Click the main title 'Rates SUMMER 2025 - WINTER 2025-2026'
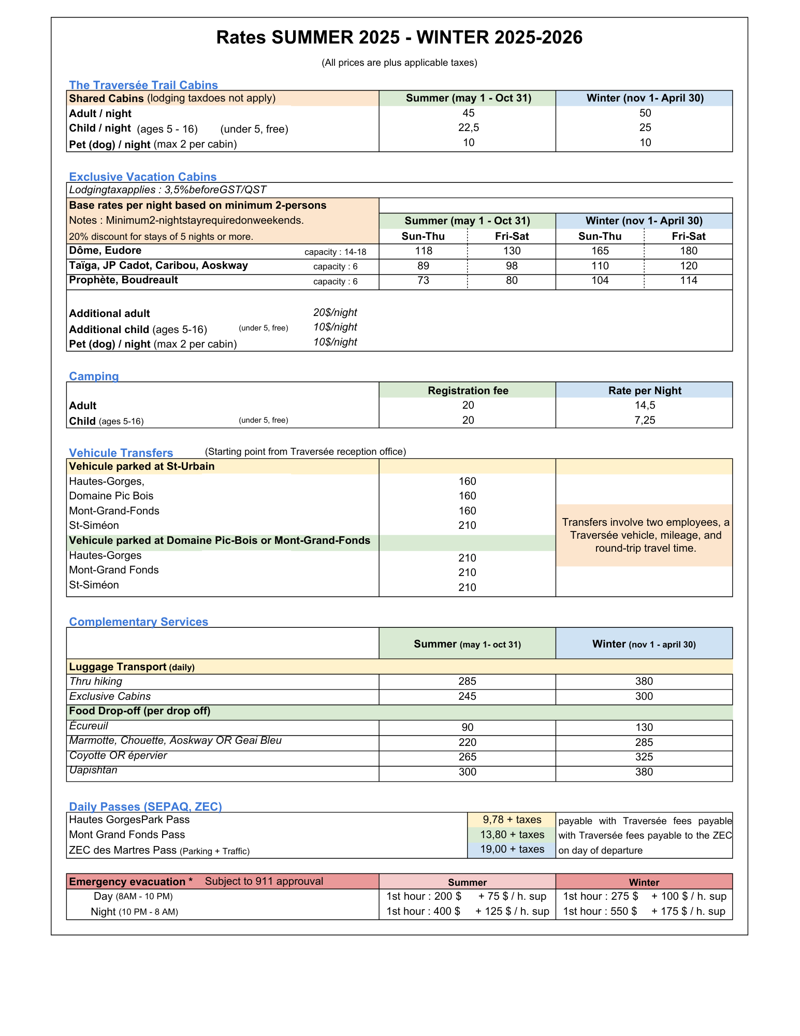(x=399, y=37)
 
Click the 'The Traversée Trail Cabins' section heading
(x=143, y=85)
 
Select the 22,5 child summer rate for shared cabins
(x=468, y=128)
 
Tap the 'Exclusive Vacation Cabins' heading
(x=143, y=177)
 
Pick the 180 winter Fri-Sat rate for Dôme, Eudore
(x=688, y=251)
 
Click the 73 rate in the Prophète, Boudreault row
(x=423, y=281)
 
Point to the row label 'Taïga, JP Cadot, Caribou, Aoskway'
(x=158, y=266)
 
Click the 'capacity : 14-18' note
(x=335, y=252)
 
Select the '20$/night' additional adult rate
(x=335, y=312)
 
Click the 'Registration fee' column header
(x=468, y=391)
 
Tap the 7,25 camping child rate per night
(x=645, y=420)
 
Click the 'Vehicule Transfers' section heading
(x=121, y=453)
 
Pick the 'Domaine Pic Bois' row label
(x=111, y=496)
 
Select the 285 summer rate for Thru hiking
(x=467, y=681)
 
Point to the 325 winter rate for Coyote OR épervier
(x=644, y=757)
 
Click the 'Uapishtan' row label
(x=93, y=770)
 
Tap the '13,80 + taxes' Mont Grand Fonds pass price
(x=512, y=834)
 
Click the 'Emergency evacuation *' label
(x=131, y=882)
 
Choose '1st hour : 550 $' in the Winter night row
(x=600, y=911)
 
